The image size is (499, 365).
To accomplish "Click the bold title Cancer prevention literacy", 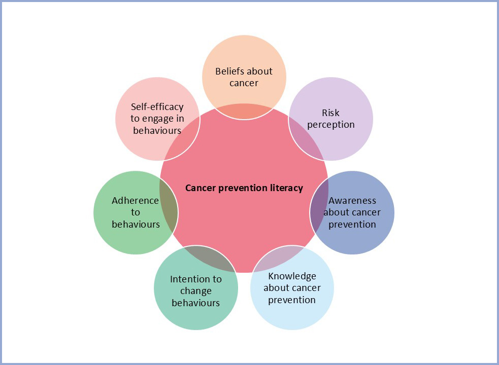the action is [x=244, y=188].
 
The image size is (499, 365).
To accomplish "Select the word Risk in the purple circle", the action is [x=330, y=113].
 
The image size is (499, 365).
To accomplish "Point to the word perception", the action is [x=331, y=125].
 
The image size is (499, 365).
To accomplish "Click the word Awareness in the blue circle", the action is [x=352, y=201].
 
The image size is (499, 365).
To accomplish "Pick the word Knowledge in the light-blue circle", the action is [x=292, y=276].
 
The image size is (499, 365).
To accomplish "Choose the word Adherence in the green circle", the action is [x=135, y=201].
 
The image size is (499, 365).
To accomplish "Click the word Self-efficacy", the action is [x=157, y=107].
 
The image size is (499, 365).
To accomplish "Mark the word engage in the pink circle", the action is [x=158, y=119].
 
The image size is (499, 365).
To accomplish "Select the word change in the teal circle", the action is [x=196, y=291].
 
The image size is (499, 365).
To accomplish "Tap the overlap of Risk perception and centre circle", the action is [x=306, y=138].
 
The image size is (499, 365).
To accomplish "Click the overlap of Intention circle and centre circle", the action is [x=211, y=258].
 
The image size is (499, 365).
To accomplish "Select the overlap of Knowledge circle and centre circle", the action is [x=279, y=258].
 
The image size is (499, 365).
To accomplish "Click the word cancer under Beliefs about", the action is [x=244, y=83].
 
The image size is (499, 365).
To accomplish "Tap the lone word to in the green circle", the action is [x=136, y=212].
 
